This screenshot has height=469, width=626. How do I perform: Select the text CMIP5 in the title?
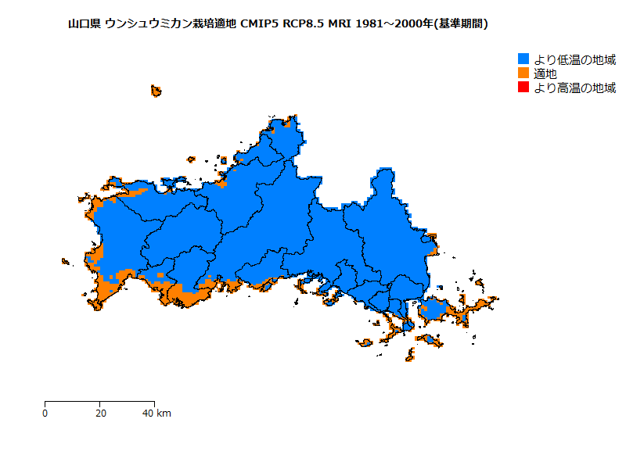258,24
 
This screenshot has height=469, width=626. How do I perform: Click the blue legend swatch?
524,59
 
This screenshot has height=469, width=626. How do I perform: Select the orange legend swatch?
524,73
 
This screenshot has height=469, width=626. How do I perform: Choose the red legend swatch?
524,88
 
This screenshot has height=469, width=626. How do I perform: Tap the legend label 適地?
545,73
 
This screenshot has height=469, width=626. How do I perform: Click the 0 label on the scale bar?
45,413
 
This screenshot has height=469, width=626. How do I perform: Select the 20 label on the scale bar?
100,413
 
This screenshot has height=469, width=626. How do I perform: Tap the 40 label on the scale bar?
148,413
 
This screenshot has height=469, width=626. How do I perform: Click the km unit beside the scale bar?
164,413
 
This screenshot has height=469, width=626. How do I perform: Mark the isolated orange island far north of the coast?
156,91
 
